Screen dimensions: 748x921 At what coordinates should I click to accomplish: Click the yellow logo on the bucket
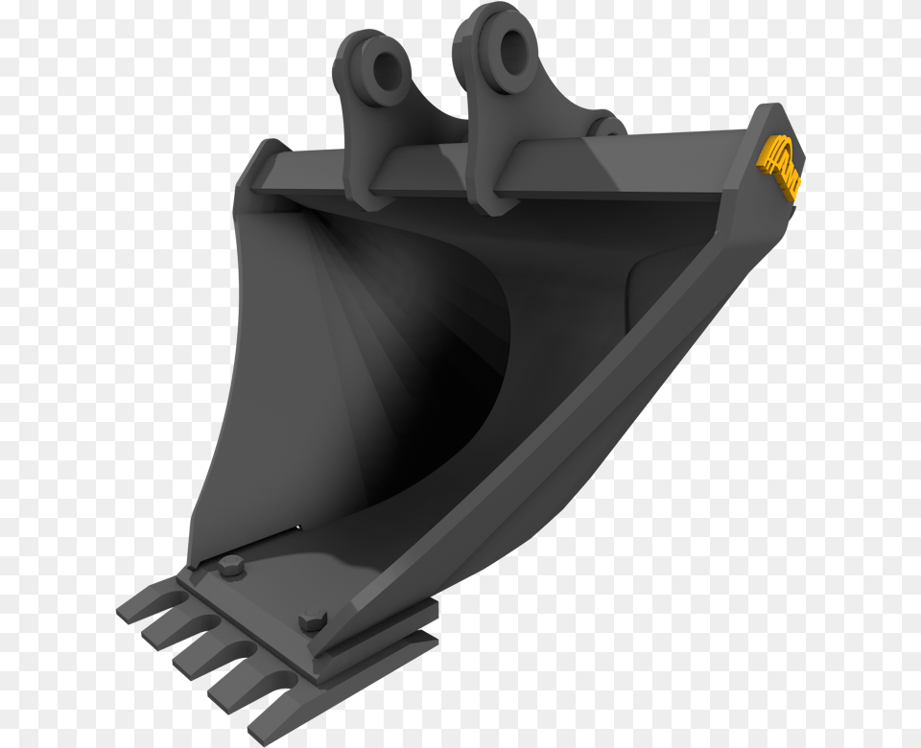[x=780, y=165]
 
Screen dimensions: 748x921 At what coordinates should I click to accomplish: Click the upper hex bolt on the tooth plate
[x=229, y=566]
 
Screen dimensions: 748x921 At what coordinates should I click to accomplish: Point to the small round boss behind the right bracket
[x=604, y=125]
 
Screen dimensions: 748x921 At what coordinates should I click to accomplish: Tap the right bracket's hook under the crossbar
[x=487, y=197]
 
